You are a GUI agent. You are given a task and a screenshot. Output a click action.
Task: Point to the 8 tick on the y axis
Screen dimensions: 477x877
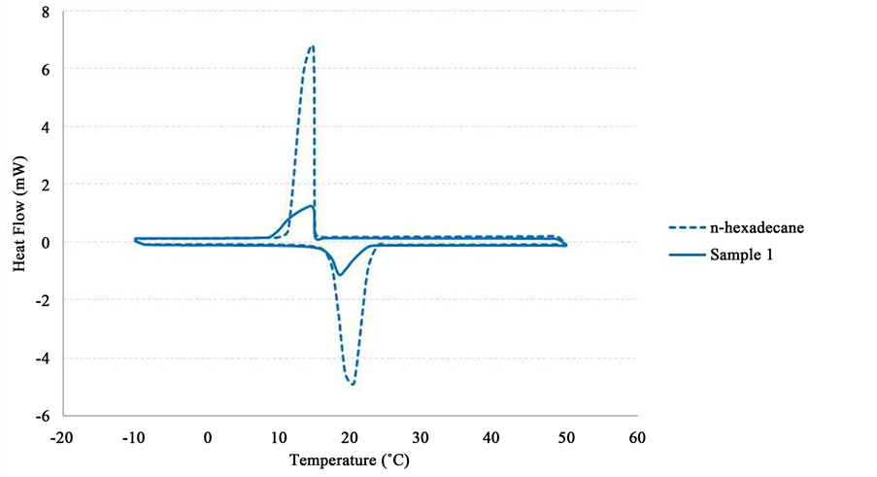click(45, 12)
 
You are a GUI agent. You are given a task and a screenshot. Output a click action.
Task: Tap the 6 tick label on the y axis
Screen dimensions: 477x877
click(45, 69)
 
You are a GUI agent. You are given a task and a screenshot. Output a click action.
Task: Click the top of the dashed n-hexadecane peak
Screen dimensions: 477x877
click(312, 46)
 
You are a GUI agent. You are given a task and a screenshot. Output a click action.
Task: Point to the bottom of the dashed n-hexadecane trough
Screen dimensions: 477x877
click(353, 385)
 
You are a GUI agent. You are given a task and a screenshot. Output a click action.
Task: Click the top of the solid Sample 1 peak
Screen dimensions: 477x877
click(312, 206)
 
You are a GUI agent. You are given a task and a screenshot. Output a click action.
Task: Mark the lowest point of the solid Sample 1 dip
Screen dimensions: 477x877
click(338, 275)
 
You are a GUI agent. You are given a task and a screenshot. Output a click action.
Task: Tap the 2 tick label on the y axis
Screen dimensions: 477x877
click(45, 185)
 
